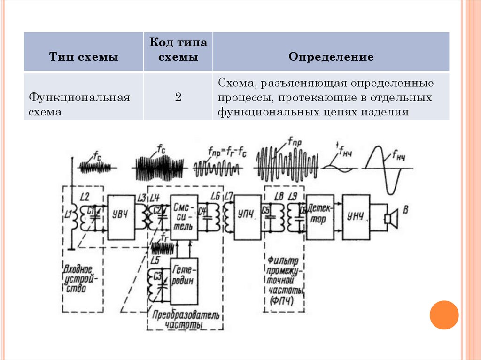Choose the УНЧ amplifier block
[x=356, y=216]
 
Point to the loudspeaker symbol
[x=390, y=218]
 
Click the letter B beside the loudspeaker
[x=405, y=210]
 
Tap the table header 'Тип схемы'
[x=84, y=57]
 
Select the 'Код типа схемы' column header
[x=178, y=50]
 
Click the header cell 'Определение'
[x=331, y=57]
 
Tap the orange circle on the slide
[x=443, y=314]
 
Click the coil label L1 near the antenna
[x=68, y=215]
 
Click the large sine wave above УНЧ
[x=386, y=169]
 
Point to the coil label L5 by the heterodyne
[x=155, y=259]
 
